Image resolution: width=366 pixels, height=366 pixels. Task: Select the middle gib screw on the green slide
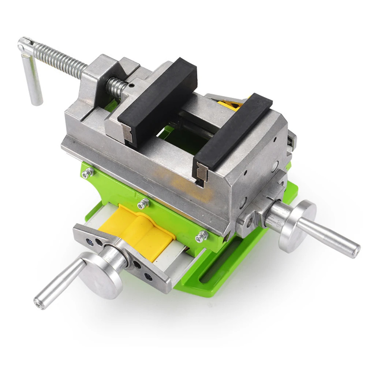[x=143, y=202]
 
